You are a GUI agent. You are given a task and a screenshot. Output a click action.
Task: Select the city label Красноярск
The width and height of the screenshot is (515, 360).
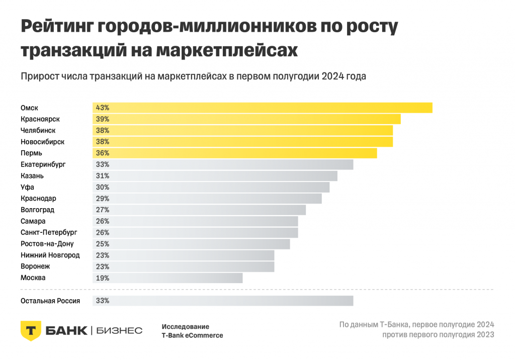click(x=40, y=119)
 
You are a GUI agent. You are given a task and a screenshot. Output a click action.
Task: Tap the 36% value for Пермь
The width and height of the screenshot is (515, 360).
click(x=103, y=153)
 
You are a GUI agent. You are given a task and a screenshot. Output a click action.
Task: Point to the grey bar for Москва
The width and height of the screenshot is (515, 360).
click(x=167, y=278)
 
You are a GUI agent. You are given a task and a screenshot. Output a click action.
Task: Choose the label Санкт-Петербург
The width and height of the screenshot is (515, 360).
click(x=49, y=232)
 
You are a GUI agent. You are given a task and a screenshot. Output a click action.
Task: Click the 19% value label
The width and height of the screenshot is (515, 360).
click(x=103, y=278)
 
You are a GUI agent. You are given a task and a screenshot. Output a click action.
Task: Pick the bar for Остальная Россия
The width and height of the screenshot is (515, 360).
click(x=223, y=301)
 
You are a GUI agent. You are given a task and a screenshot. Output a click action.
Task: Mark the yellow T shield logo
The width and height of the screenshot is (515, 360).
click(x=30, y=330)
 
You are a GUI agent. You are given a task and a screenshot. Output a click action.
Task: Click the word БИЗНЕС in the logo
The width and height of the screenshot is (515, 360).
click(x=119, y=330)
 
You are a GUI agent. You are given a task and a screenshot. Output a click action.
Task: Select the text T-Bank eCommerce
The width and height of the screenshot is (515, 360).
click(x=192, y=335)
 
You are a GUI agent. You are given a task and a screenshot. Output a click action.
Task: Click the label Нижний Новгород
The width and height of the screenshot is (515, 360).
click(x=50, y=255)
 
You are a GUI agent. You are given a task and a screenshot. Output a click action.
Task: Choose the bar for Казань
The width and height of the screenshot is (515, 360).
click(x=215, y=175)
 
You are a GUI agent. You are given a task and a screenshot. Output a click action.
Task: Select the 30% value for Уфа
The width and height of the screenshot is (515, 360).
click(x=103, y=187)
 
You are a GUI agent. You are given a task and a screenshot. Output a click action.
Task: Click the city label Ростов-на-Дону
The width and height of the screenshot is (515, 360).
click(x=47, y=244)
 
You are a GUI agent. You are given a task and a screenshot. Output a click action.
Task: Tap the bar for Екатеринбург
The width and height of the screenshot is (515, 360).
click(x=223, y=164)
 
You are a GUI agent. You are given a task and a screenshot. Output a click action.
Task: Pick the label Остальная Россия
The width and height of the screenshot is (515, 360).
click(x=50, y=301)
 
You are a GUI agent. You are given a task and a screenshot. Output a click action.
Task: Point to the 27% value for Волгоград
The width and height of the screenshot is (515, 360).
click(x=103, y=210)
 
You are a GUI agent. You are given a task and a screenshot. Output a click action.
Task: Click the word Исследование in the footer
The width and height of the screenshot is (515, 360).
click(x=185, y=326)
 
